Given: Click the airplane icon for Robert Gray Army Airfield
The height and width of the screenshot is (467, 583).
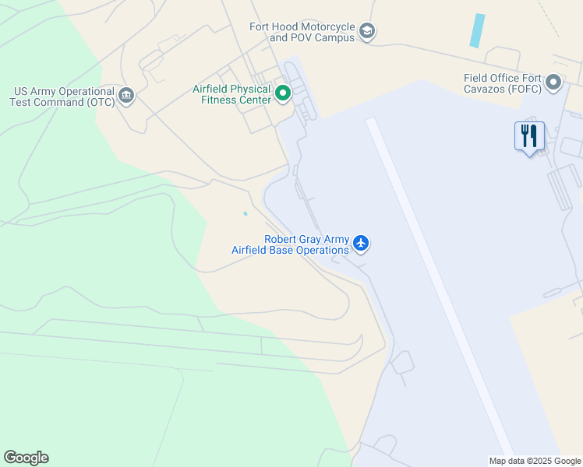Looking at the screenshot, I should pyautogui.click(x=360, y=244).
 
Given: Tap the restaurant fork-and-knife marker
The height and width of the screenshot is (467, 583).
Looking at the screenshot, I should pyautogui.click(x=530, y=136).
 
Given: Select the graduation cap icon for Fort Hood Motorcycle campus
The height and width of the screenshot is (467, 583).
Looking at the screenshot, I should pyautogui.click(x=367, y=32).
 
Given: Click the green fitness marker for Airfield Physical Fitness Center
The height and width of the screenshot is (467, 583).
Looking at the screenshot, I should pyautogui.click(x=283, y=95).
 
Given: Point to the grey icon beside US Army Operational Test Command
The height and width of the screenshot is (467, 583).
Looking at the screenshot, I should pyautogui.click(x=126, y=97).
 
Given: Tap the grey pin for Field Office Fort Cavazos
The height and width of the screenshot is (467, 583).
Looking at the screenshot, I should pyautogui.click(x=553, y=83).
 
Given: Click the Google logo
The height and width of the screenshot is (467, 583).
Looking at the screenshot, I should pyautogui.click(x=26, y=458).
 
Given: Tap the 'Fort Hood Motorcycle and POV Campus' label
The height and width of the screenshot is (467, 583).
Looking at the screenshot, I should pyautogui.click(x=302, y=32).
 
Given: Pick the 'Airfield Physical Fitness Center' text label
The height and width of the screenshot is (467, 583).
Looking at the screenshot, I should pyautogui.click(x=232, y=94).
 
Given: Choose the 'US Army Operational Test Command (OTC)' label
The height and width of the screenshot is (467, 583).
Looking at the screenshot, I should pyautogui.click(x=62, y=97).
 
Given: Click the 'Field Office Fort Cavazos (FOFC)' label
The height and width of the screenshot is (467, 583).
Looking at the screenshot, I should pyautogui.click(x=502, y=83).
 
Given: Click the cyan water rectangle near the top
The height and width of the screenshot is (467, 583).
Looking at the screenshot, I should pyautogui.click(x=477, y=30).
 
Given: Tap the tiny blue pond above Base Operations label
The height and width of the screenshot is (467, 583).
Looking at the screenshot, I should pyautogui.click(x=246, y=213).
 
